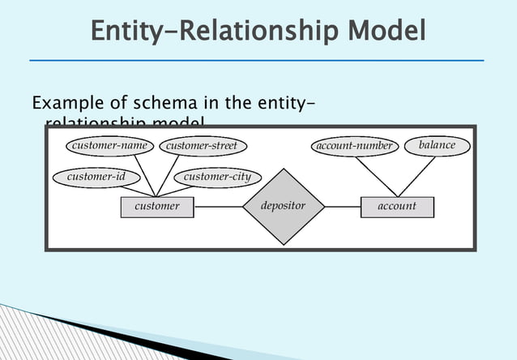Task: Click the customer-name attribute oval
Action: [109, 146]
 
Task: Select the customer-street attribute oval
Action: [202, 146]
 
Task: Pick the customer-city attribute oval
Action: [217, 177]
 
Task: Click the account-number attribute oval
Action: [354, 146]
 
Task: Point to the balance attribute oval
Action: [437, 145]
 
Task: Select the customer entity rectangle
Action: [157, 206]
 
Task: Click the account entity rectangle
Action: [397, 206]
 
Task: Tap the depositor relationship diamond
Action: [283, 206]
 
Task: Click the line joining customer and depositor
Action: [218, 206]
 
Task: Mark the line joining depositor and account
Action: [341, 206]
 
